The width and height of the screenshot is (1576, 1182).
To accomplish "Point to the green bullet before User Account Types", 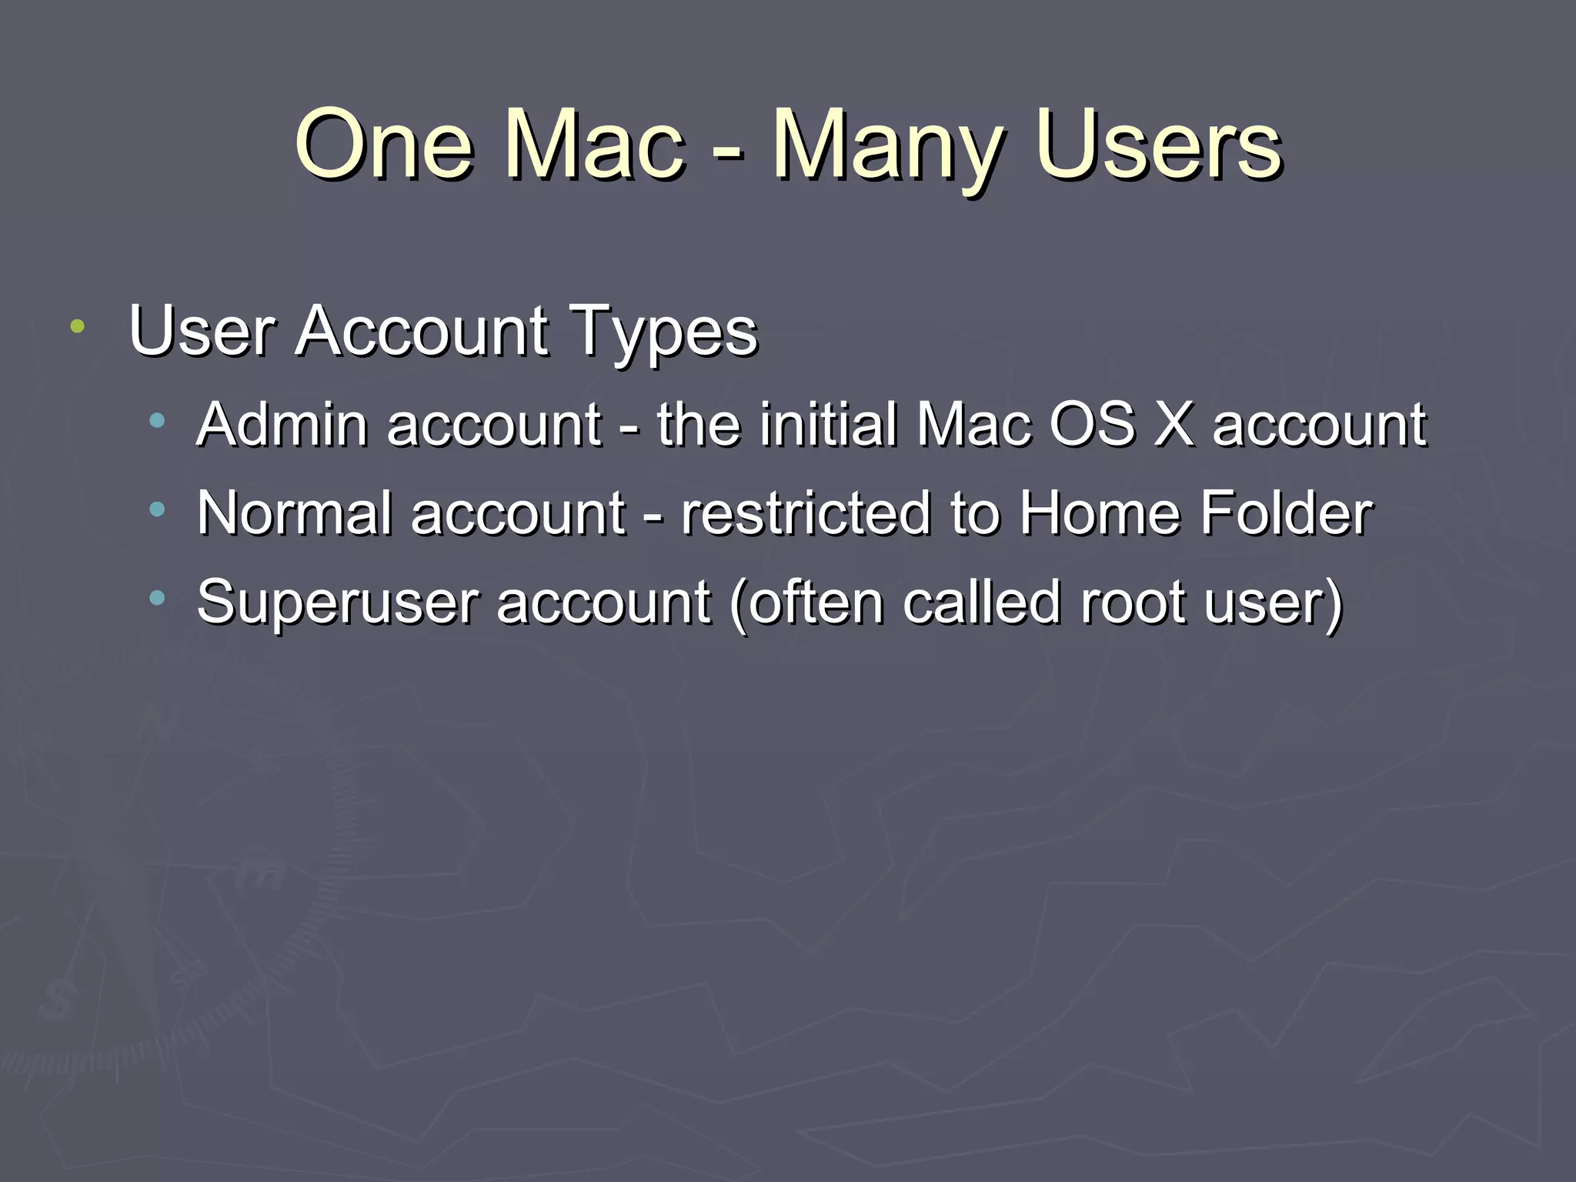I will click(x=77, y=326).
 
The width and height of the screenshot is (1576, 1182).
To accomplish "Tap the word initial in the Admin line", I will click(x=828, y=424).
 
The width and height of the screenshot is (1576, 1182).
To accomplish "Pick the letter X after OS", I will click(x=1173, y=424).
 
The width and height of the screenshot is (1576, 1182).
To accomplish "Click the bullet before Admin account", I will click(x=158, y=420).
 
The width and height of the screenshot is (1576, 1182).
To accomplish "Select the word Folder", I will click(x=1286, y=513).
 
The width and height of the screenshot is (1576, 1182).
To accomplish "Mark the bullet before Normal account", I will click(x=158, y=509).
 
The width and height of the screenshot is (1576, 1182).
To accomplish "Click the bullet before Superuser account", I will click(x=158, y=597).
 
